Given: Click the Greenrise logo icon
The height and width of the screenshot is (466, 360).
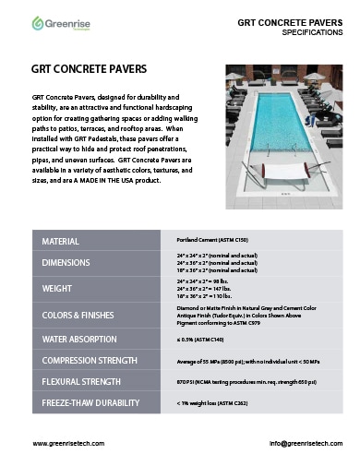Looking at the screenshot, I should (x=38, y=22).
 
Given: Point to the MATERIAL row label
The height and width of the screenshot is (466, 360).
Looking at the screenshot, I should (x=60, y=242).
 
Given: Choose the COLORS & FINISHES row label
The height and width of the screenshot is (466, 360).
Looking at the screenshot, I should (x=81, y=316).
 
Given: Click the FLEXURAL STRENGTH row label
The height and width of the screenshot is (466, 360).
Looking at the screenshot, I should (x=85, y=381).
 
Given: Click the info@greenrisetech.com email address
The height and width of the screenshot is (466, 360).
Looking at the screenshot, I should (x=293, y=444).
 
